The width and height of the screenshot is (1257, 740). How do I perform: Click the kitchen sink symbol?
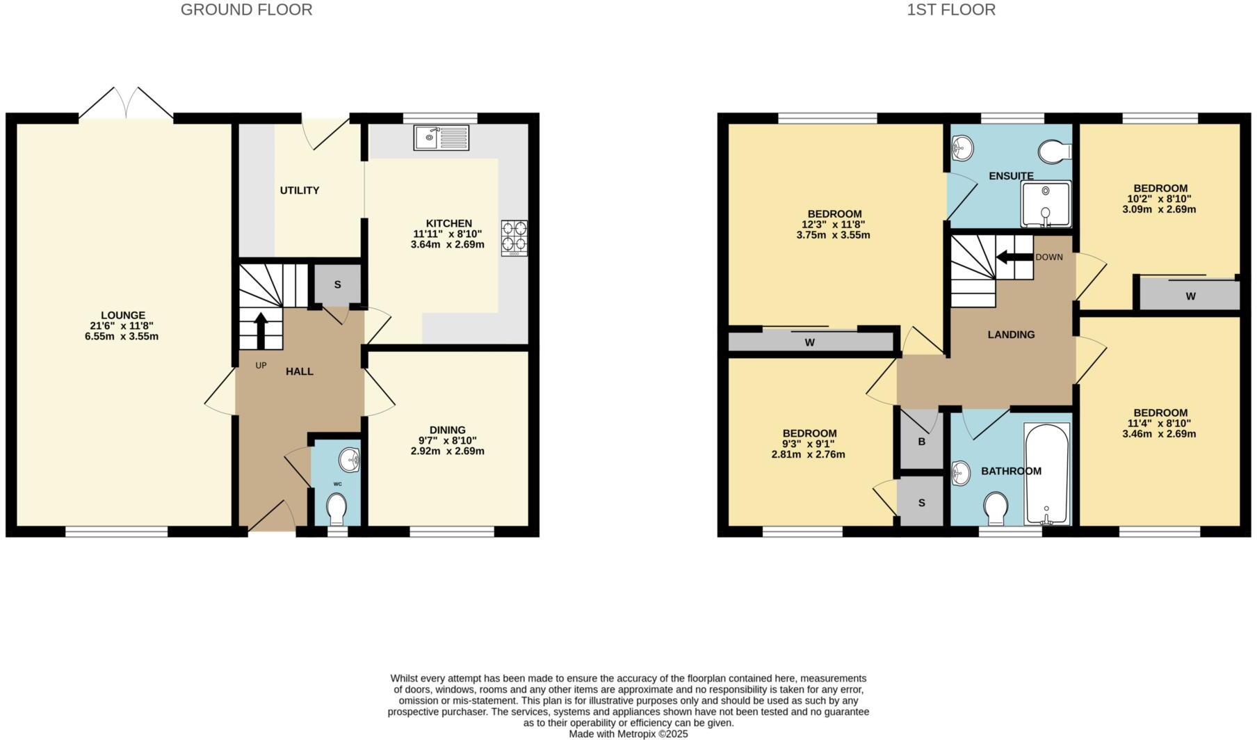pyautogui.click(x=441, y=138)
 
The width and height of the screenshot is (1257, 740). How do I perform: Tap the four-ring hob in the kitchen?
pyautogui.click(x=514, y=238)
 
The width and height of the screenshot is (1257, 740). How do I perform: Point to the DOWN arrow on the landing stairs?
pyautogui.click(x=1014, y=257)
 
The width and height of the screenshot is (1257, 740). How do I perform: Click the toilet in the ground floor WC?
pyautogui.click(x=336, y=509)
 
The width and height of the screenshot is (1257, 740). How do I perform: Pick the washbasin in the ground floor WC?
pyautogui.click(x=350, y=460)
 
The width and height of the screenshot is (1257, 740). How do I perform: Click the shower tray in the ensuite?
pyautogui.click(x=1045, y=204)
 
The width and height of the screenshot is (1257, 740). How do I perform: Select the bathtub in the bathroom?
pyautogui.click(x=1046, y=474)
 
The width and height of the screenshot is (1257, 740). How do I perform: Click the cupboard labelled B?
pyautogui.click(x=921, y=442)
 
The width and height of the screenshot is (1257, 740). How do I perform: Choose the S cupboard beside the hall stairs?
pyautogui.click(x=337, y=284)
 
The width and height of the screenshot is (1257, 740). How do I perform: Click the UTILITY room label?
pyautogui.click(x=300, y=191)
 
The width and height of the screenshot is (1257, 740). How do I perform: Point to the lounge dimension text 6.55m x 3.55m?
pyautogui.click(x=122, y=337)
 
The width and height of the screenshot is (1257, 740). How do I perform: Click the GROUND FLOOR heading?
pyautogui.click(x=246, y=10)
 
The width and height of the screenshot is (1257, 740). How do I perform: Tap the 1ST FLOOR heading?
pyautogui.click(x=950, y=10)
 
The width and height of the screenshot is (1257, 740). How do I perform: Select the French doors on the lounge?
pyautogui.click(x=126, y=104)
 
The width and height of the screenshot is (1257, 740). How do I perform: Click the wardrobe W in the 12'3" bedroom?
pyautogui.click(x=810, y=342)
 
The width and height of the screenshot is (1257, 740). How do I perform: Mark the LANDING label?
pyautogui.click(x=1011, y=335)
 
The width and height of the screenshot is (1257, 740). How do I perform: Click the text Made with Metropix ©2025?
pyautogui.click(x=628, y=734)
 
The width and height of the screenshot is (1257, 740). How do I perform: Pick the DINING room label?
pyautogui.click(x=447, y=430)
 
